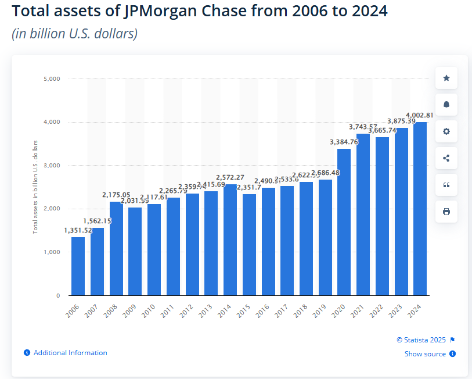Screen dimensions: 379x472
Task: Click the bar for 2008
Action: click(x=116, y=249)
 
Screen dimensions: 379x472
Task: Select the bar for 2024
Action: click(x=419, y=209)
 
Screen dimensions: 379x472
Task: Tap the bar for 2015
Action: click(x=249, y=244)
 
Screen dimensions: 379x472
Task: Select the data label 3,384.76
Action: click(x=344, y=142)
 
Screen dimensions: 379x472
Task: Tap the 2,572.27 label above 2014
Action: click(x=230, y=177)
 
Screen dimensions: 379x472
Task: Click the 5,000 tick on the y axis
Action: click(x=52, y=78)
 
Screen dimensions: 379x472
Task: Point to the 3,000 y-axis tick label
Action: click(x=52, y=165)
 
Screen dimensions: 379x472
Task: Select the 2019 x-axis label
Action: click(x=320, y=311)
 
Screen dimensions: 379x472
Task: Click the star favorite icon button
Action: click(x=446, y=78)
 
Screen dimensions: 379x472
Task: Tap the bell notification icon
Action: click(x=446, y=105)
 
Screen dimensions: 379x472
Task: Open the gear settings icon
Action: click(x=446, y=131)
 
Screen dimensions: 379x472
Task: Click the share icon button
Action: click(x=446, y=158)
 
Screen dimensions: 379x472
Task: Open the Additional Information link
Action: click(x=70, y=353)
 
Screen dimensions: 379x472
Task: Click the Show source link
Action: click(x=425, y=354)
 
